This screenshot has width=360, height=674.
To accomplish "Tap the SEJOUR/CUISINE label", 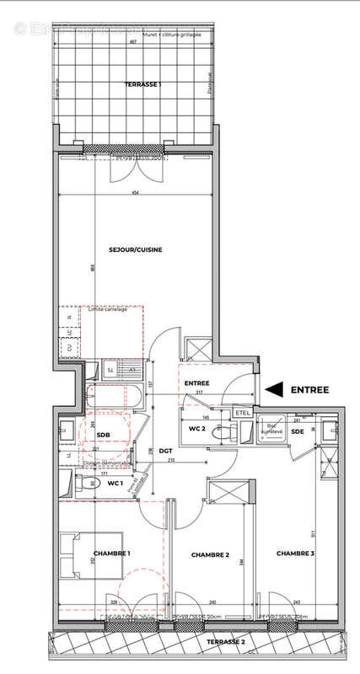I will [135, 249].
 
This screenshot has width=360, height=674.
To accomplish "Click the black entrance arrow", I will [276, 389].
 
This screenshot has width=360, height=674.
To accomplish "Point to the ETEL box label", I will [242, 413].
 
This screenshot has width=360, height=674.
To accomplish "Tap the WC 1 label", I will [115, 483].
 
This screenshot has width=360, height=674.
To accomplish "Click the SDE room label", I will [297, 431].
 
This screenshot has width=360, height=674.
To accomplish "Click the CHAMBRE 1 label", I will [111, 553].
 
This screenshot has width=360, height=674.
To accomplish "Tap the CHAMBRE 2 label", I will [210, 554].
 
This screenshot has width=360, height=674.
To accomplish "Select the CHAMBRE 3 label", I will [295, 553].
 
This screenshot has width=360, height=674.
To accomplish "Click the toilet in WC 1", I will [81, 484].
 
